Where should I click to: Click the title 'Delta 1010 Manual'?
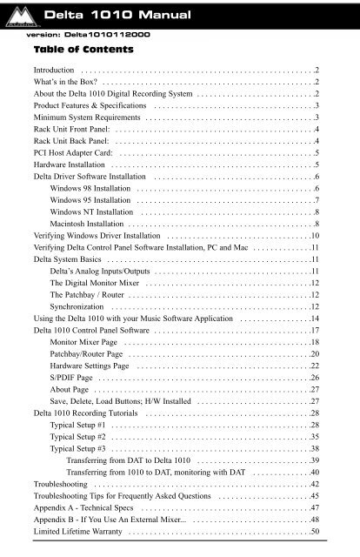click(x=114, y=15)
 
